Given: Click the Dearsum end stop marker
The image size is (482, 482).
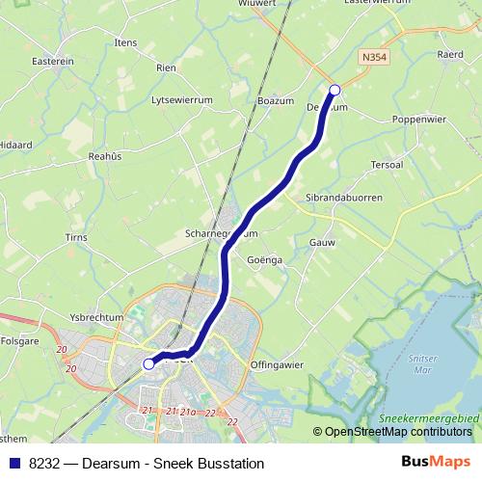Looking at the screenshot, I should pyautogui.click(x=335, y=90).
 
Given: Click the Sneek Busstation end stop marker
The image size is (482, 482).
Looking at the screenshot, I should pyautogui.click(x=148, y=364).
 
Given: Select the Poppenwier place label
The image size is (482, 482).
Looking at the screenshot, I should pyautogui.click(x=417, y=119).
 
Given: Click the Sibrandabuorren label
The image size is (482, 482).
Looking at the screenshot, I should pyautogui.click(x=343, y=197).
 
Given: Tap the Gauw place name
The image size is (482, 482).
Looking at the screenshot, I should pyautogui.click(x=322, y=243).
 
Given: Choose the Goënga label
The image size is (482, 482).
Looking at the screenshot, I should pyautogui.click(x=264, y=260).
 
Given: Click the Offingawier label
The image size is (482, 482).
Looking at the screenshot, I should pyautogui.click(x=277, y=365).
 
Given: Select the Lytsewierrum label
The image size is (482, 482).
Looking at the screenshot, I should pyautogui.click(x=181, y=99).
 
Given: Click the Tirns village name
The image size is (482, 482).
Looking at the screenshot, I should pyautogui.click(x=74, y=236).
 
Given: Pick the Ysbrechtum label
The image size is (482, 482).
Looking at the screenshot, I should pyautogui.click(x=96, y=317).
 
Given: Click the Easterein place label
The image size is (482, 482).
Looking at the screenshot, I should pyautogui.click(x=52, y=61).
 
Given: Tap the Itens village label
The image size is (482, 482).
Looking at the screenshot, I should pyautogui.click(x=125, y=43).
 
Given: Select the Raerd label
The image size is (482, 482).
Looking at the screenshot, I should pyautogui.click(x=450, y=55).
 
